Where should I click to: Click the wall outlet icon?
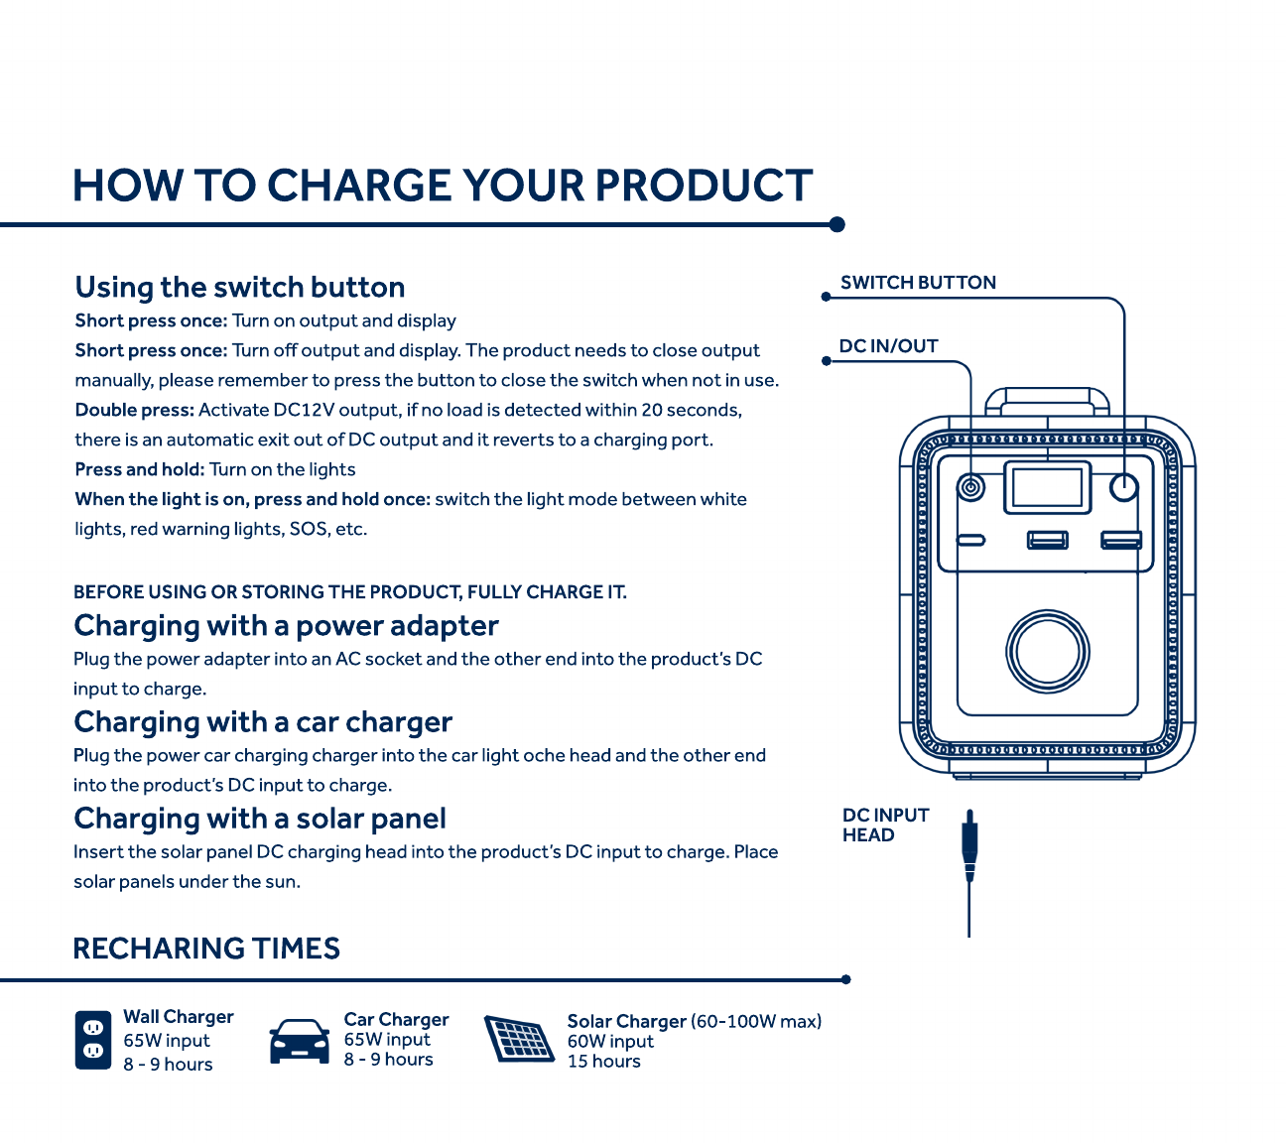[x=92, y=1040]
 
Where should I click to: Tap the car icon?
[x=299, y=1041]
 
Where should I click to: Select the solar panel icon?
[x=519, y=1038]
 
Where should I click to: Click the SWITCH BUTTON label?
[x=918, y=283]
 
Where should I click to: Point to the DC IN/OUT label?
[x=888, y=346]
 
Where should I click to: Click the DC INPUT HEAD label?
[x=885, y=825]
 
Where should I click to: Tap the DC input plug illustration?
[x=968, y=873]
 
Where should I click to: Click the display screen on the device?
[x=1047, y=487]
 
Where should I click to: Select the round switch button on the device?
[x=1123, y=487]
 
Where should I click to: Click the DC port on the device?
[x=970, y=487]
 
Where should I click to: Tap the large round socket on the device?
[x=1047, y=651]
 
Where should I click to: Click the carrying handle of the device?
[x=1047, y=401]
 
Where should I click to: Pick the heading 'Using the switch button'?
[x=240, y=288]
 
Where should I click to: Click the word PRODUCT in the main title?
[x=704, y=186]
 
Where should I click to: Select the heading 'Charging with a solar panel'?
[x=260, y=819]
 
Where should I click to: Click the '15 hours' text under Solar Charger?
[x=603, y=1061]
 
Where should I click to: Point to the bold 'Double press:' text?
[x=135, y=410]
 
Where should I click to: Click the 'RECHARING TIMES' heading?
[x=206, y=949]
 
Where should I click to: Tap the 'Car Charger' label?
[x=396, y=1019]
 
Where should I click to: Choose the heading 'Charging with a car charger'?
[x=263, y=722]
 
